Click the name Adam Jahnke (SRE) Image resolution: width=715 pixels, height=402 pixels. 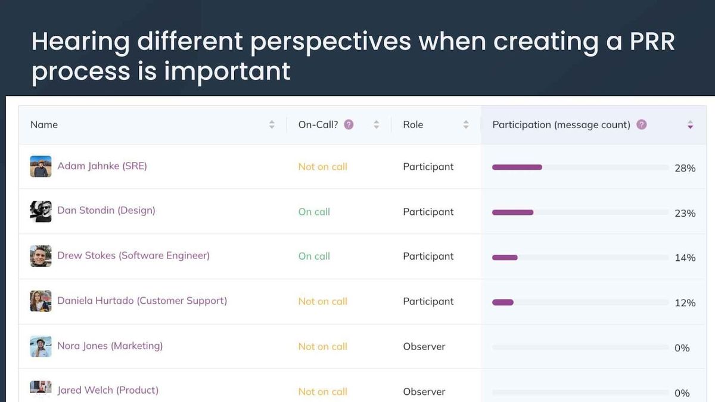[x=102, y=166]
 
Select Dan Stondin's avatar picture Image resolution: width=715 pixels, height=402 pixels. [x=41, y=211]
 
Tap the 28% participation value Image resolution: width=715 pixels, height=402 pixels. [x=685, y=169]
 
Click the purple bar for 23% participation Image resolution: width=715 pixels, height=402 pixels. [x=512, y=213]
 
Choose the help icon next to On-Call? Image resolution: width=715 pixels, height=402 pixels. [x=349, y=124]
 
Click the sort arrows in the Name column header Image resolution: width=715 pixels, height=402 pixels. [x=272, y=124]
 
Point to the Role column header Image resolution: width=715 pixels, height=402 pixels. [x=413, y=124]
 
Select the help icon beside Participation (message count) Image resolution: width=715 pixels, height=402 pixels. [x=641, y=124]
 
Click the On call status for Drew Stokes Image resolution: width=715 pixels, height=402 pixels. [x=314, y=256]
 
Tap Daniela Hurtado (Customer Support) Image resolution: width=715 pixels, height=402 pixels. [x=142, y=301]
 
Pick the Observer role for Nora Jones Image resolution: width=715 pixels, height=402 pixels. [x=424, y=346]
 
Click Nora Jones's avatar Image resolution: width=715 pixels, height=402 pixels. [x=41, y=346]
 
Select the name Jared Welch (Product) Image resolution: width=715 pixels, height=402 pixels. [x=108, y=391]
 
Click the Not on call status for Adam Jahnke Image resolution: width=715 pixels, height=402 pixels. [x=322, y=167]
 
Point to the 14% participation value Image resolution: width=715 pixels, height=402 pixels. [x=685, y=258]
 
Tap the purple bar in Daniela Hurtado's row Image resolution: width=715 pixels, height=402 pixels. [x=502, y=303]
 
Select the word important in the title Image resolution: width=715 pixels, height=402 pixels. [x=227, y=71]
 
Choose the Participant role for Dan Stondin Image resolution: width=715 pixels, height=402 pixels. [x=428, y=211]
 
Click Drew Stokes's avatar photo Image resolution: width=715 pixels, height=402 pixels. [x=41, y=256]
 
